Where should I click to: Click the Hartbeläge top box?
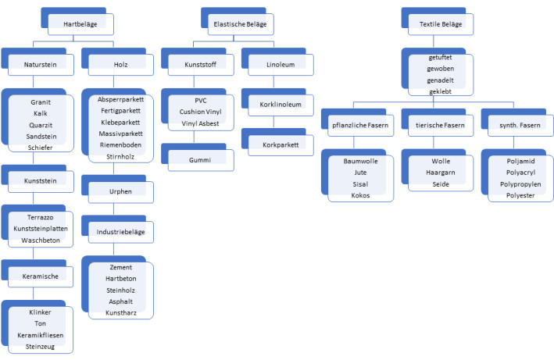point(81,24)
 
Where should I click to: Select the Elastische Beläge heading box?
point(241,24)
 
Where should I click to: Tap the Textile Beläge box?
point(441,24)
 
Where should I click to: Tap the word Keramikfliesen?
point(40,335)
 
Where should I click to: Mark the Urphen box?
point(120,191)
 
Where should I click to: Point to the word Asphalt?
point(120,301)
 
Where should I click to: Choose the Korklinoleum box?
point(281,104)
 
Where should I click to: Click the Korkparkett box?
point(281,144)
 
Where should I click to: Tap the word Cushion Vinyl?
point(200,112)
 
